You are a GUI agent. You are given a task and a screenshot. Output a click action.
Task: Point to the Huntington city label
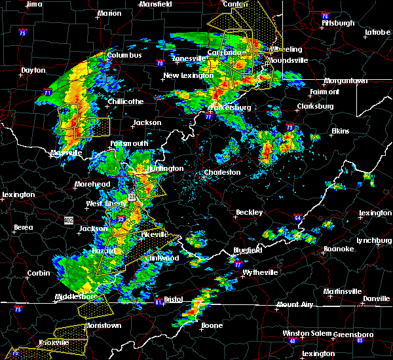pos(164,168)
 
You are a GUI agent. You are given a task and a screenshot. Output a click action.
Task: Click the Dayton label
pos(33,70)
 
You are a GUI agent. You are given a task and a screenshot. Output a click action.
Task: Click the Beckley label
pos(250,212)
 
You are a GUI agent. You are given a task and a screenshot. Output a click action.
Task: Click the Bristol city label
pos(173,298)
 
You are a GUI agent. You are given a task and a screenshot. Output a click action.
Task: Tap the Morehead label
pos(92,185)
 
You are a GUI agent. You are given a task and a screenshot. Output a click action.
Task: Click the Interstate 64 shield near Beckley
pos(297,218)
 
